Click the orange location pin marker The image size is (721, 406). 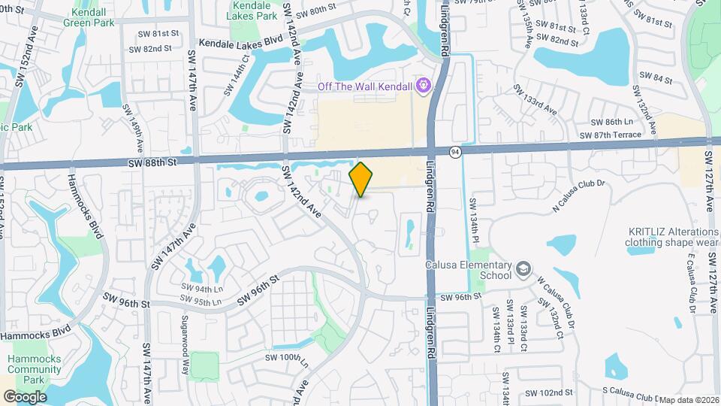point(361,179)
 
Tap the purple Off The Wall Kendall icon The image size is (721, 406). point(423,86)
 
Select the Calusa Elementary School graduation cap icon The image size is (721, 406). point(523,268)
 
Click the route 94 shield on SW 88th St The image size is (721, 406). point(456,151)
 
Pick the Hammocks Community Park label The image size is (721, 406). point(35,369)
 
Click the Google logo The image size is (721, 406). point(25,396)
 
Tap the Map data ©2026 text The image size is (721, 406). point(688,400)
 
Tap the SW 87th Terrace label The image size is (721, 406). point(611,135)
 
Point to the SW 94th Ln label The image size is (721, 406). point(203,289)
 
